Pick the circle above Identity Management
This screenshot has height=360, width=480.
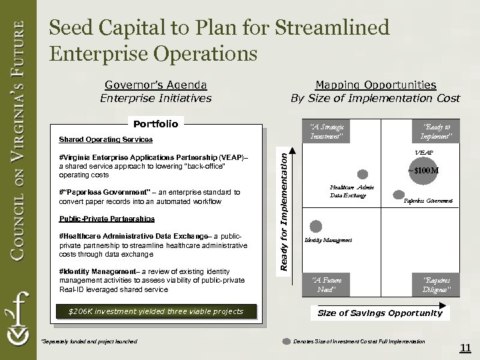315,227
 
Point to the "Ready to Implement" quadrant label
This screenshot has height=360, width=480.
436,131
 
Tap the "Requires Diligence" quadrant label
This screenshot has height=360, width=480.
436,285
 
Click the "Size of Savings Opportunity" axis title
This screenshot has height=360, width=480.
379,313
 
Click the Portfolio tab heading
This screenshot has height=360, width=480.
156,123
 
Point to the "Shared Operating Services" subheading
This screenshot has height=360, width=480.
105,140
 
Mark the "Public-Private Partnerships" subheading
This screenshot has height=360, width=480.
107,219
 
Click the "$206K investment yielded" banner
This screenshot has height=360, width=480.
156,311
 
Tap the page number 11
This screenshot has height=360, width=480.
465,347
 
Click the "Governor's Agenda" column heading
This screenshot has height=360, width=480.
156,85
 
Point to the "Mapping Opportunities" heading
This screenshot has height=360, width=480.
375,85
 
